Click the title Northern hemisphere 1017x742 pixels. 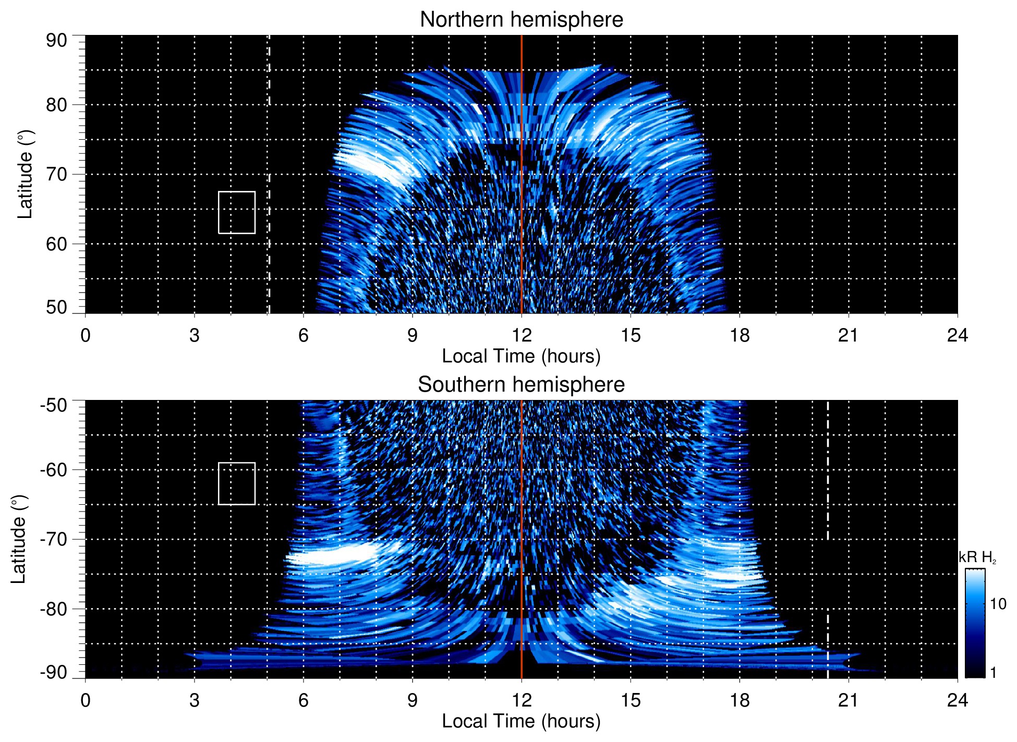[x=521, y=20]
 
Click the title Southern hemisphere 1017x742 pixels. [x=521, y=385]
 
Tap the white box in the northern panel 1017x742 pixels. [x=237, y=212]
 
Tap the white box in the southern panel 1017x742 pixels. [x=237, y=483]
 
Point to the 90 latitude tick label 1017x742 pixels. [x=56, y=41]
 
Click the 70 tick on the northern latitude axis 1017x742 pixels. [x=56, y=174]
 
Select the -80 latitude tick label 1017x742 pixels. [x=54, y=609]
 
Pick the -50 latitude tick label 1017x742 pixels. [x=54, y=405]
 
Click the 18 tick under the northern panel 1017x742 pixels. [x=740, y=335]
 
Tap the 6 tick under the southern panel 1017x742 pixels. [x=303, y=700]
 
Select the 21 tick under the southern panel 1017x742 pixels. [x=849, y=700]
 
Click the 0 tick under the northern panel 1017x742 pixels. [x=86, y=335]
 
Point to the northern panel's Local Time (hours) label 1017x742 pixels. [x=521, y=356]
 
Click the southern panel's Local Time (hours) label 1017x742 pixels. [x=521, y=721]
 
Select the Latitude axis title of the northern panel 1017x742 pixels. [x=25, y=174]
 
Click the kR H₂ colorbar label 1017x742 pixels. [x=977, y=557]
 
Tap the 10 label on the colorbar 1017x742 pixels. [x=998, y=604]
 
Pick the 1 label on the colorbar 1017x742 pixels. [x=993, y=673]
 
